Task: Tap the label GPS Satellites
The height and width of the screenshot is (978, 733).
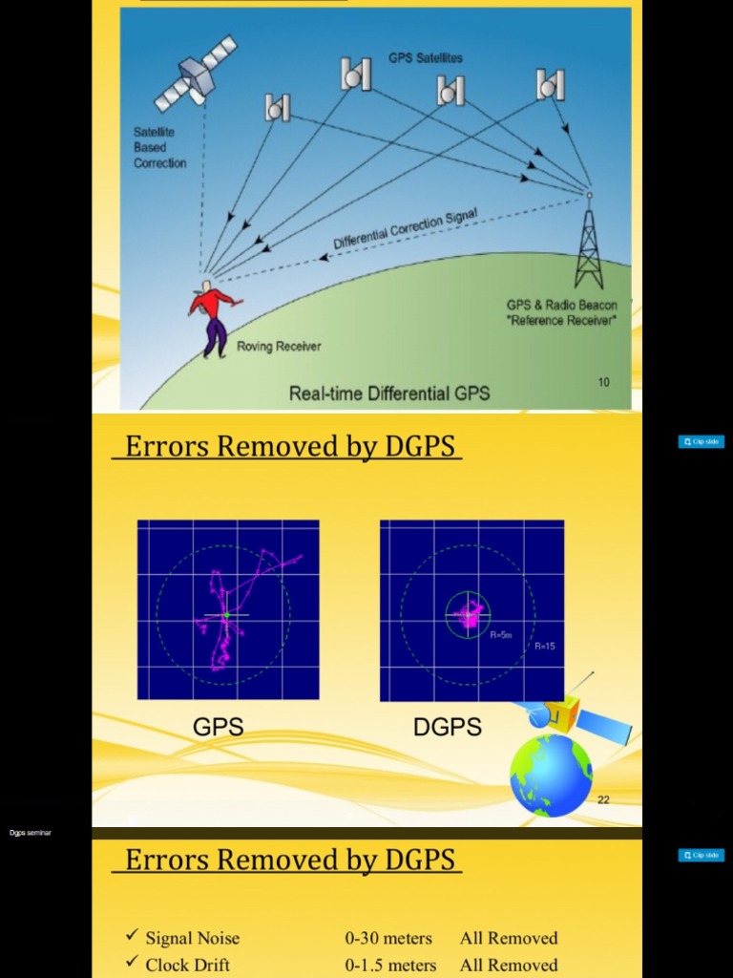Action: [425, 58]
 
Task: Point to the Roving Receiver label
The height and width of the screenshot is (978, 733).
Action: [279, 347]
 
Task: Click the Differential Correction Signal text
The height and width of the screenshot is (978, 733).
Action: [406, 228]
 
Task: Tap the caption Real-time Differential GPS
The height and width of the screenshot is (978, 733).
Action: [389, 393]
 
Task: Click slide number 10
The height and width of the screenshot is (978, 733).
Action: [603, 382]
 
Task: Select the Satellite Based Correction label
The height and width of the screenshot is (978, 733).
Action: [159, 147]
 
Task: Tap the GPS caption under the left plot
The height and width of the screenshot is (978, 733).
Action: [219, 727]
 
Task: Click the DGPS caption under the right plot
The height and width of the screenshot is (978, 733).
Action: [447, 727]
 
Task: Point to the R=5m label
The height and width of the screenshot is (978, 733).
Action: [501, 634]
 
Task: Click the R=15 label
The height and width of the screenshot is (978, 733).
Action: [545, 647]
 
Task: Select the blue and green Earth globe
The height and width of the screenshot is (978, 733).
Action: [551, 775]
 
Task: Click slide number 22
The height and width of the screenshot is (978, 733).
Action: [603, 799]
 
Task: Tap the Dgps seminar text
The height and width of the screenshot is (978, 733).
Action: [31, 833]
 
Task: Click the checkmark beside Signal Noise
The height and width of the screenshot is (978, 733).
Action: [132, 937]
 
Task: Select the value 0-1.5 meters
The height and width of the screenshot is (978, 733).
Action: [390, 965]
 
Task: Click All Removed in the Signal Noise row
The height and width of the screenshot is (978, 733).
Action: [509, 938]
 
